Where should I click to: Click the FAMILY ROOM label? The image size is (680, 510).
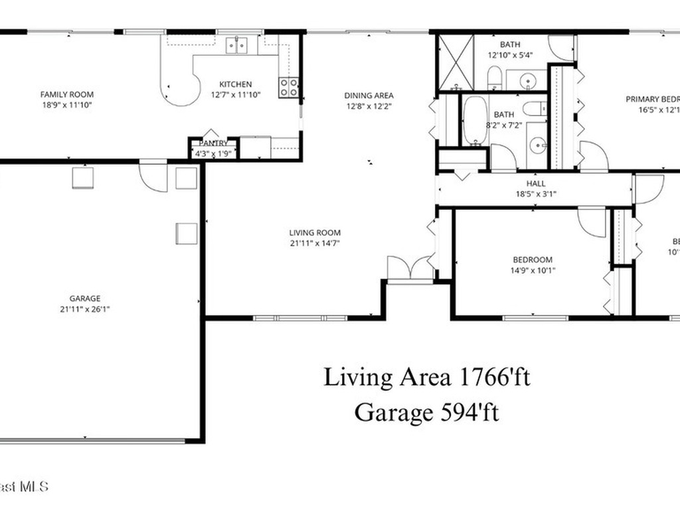click(66, 94)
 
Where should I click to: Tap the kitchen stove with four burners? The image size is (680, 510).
click(288, 87)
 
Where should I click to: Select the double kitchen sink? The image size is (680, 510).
click(236, 45)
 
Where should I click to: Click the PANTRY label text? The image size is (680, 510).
click(213, 143)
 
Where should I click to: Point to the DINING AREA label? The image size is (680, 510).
click(369, 95)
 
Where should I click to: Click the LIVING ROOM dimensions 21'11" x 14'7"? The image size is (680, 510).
click(315, 243)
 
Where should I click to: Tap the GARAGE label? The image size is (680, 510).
click(85, 298)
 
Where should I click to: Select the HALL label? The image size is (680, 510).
click(536, 183)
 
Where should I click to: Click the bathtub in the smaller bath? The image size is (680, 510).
click(475, 120)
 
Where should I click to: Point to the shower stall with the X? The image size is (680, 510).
click(455, 62)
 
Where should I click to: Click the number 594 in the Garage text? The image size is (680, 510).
click(456, 412)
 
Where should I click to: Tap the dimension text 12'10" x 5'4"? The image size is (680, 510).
click(511, 56)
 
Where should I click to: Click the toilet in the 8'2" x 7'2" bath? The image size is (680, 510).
click(533, 108)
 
